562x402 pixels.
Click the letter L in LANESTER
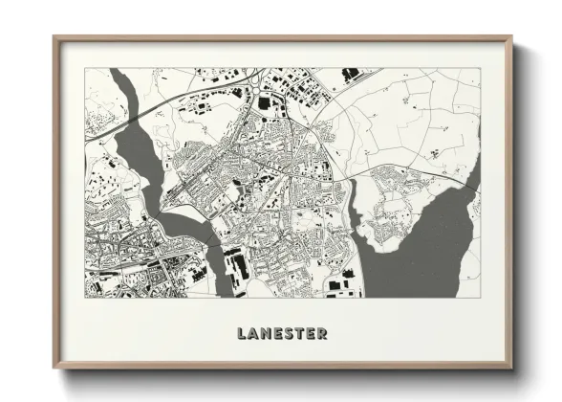(x=241, y=334)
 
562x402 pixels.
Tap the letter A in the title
(x=252, y=334)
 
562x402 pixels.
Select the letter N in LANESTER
(x=265, y=334)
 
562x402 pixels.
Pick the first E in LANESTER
(x=277, y=334)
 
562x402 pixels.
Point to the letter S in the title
(x=289, y=334)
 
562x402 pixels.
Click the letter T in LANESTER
(x=300, y=334)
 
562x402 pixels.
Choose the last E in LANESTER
(x=312, y=334)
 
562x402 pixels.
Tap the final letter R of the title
(x=323, y=334)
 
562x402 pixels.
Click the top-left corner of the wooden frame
(x=54, y=38)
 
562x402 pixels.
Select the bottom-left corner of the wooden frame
(x=54, y=368)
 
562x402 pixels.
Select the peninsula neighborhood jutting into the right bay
(x=401, y=206)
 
